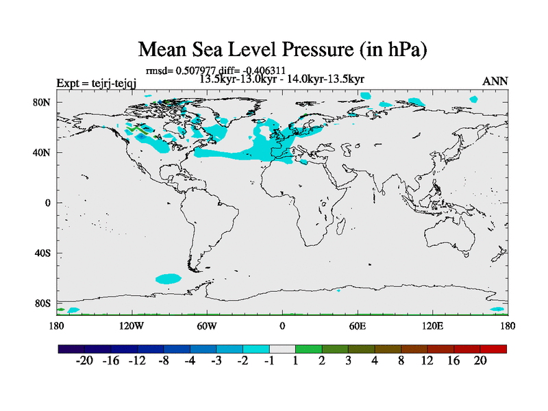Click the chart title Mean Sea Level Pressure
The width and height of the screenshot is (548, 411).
[283, 49]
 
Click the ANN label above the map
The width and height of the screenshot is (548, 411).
[495, 81]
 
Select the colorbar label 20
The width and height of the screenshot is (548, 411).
[480, 361]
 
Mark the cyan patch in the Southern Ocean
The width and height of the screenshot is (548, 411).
[168, 279]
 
